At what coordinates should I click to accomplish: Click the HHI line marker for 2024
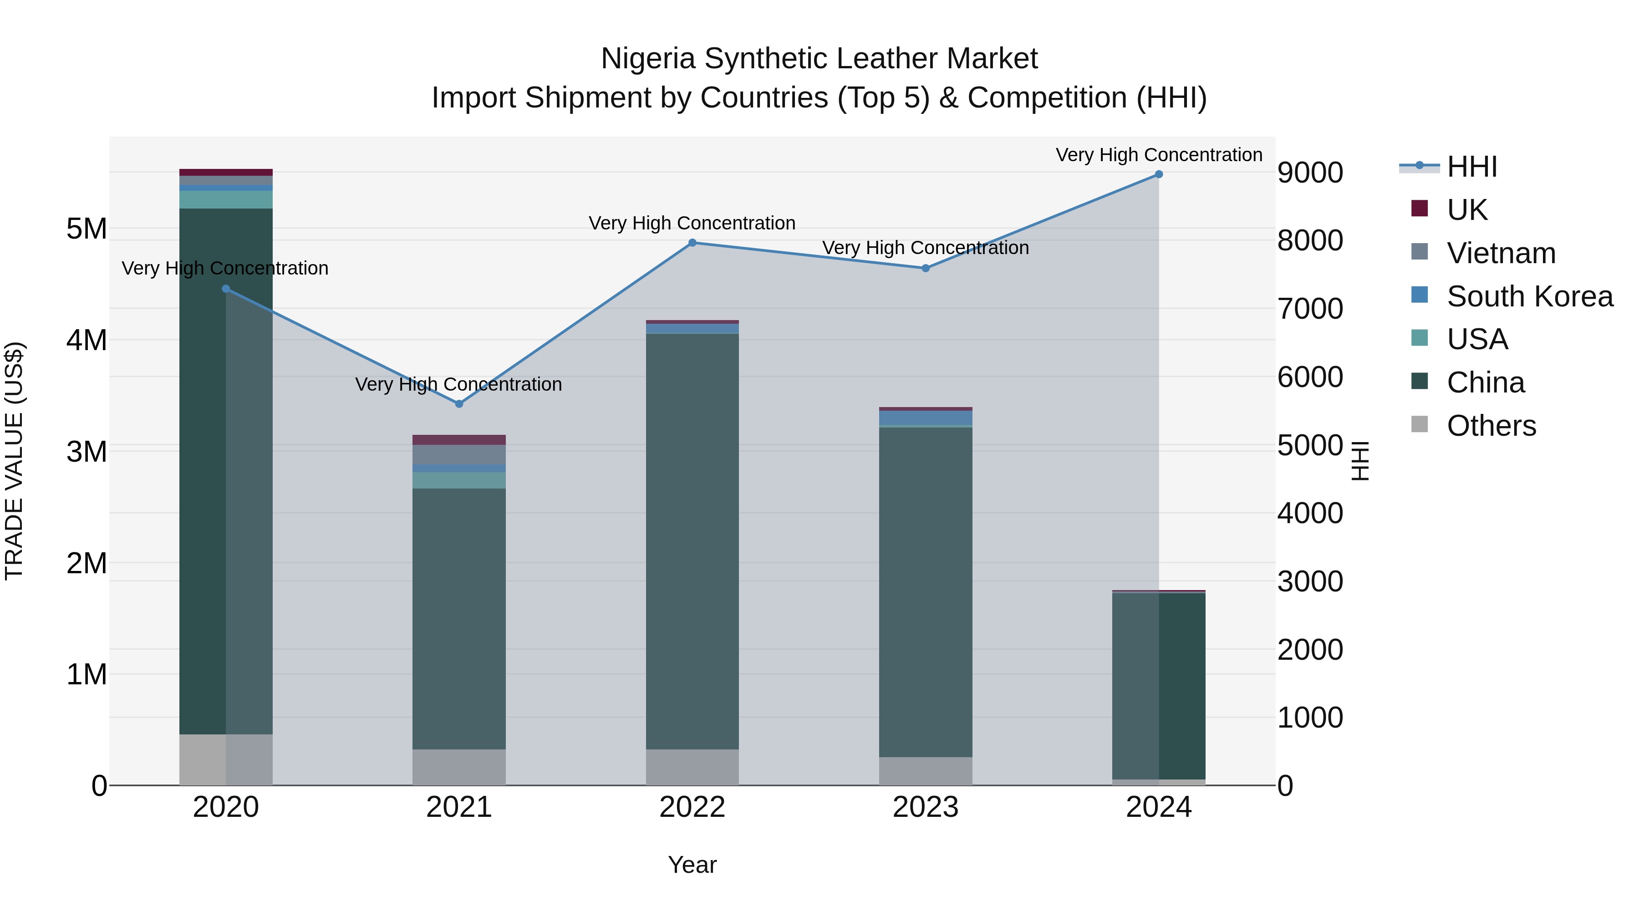click(x=1159, y=174)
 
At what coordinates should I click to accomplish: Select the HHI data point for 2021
click(x=459, y=404)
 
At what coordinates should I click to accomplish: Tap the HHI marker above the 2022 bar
click(x=692, y=242)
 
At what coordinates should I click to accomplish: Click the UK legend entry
click(x=1466, y=209)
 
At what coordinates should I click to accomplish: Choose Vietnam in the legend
click(x=1500, y=253)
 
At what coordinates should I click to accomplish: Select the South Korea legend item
click(x=1529, y=296)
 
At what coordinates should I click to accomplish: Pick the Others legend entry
click(x=1491, y=426)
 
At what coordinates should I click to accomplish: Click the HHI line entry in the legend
click(x=1471, y=167)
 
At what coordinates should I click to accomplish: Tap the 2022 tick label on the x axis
click(x=692, y=807)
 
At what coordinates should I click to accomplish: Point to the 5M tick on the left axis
click(x=87, y=229)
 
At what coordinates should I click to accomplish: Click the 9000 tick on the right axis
click(x=1310, y=173)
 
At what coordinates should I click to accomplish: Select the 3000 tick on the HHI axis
click(x=1310, y=581)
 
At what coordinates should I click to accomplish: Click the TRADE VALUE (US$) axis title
click(x=15, y=461)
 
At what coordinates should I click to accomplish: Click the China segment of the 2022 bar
click(x=692, y=541)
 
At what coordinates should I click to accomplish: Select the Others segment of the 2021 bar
click(x=459, y=767)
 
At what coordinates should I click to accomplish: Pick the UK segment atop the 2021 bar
click(x=459, y=440)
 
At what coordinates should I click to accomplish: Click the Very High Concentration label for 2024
click(x=1159, y=155)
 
